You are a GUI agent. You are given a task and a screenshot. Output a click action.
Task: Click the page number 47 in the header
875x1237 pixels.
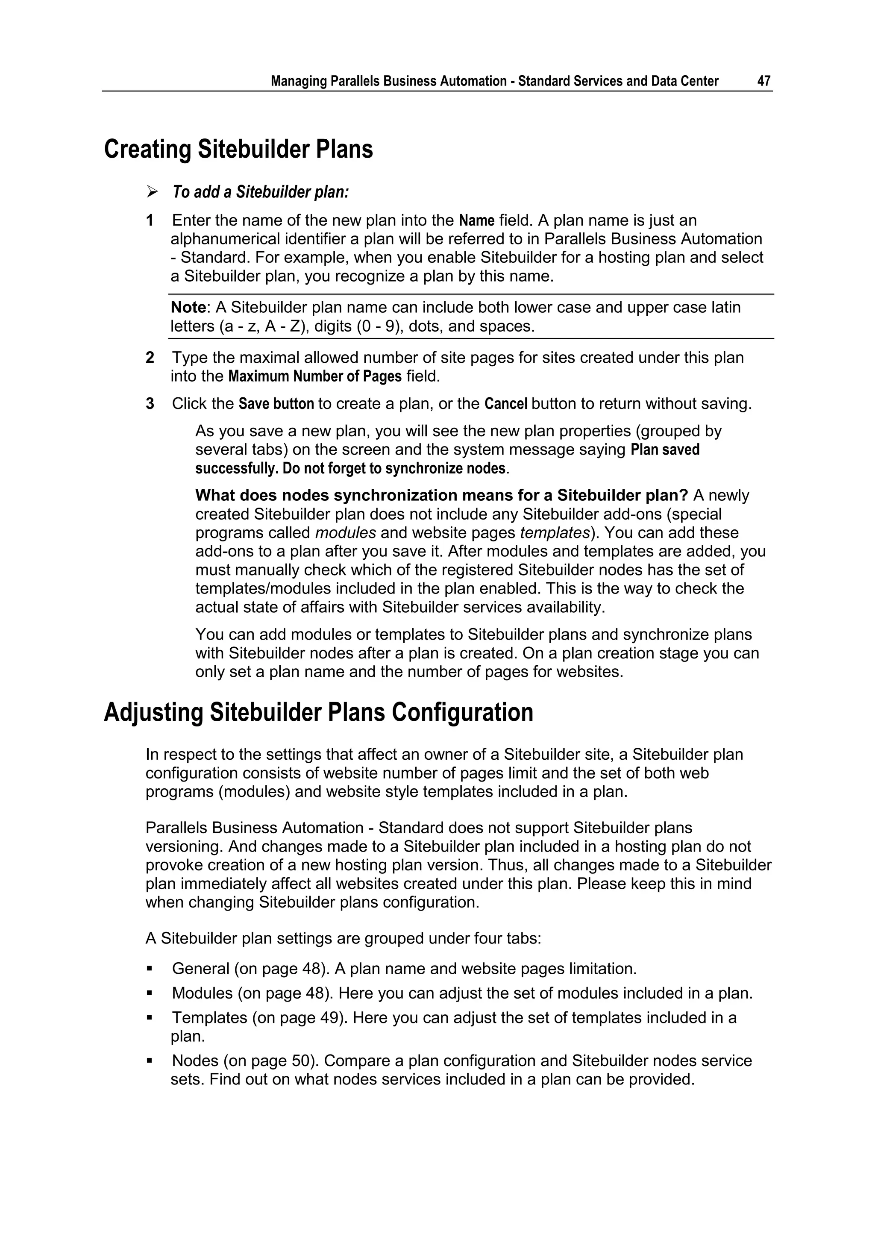[763, 81]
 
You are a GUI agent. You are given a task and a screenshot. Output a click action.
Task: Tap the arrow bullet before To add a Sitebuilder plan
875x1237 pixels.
[152, 192]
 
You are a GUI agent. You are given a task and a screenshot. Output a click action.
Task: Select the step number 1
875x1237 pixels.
[150, 220]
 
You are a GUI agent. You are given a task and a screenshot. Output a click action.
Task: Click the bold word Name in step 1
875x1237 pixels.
[476, 220]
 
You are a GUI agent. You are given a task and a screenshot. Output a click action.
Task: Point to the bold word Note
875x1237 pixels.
[188, 308]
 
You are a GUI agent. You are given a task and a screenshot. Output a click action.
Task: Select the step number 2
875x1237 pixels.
[150, 358]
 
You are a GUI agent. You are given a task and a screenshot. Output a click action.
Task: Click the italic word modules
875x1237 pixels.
[345, 533]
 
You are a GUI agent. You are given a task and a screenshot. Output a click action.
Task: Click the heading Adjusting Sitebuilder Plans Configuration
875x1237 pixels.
[318, 712]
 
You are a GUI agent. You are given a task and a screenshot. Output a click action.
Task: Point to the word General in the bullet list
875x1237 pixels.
[200, 969]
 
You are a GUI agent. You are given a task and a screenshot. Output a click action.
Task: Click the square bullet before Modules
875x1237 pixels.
[149, 993]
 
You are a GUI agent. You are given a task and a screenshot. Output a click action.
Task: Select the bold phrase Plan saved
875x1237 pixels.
[665, 450]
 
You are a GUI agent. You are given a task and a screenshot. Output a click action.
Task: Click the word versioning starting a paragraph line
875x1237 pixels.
[183, 846]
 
